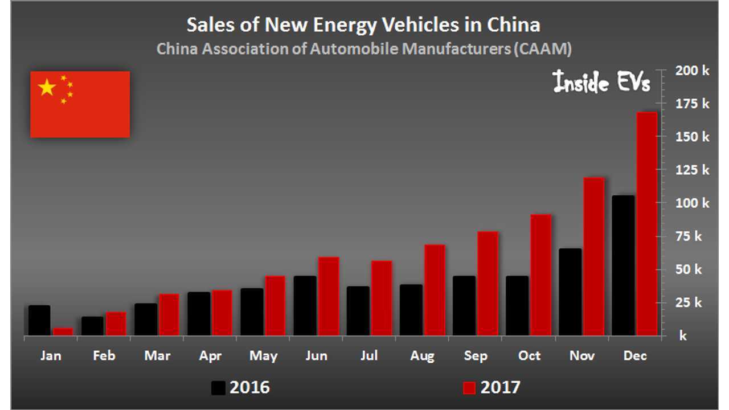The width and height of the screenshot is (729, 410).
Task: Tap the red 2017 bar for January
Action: coord(63,331)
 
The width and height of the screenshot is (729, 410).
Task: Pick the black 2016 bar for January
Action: coord(39,321)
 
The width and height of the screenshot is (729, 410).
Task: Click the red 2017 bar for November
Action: coord(593,256)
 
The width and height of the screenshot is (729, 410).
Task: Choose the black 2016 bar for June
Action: coord(305,306)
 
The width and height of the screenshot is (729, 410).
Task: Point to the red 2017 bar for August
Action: coord(434,290)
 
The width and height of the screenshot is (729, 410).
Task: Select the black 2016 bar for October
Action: coord(517,306)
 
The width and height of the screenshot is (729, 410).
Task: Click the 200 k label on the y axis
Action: coord(692,71)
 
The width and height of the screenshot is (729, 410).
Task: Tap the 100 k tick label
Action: coord(692,203)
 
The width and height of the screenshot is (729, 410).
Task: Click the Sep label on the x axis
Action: coord(476,356)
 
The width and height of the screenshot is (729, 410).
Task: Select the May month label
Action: coord(263,356)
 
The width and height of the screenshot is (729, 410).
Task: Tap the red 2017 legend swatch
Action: coord(469,388)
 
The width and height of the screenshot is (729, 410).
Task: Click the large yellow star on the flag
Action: coord(47,88)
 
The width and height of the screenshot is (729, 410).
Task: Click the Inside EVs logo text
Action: coord(601,83)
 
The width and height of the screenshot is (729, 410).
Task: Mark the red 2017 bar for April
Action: coord(222,313)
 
